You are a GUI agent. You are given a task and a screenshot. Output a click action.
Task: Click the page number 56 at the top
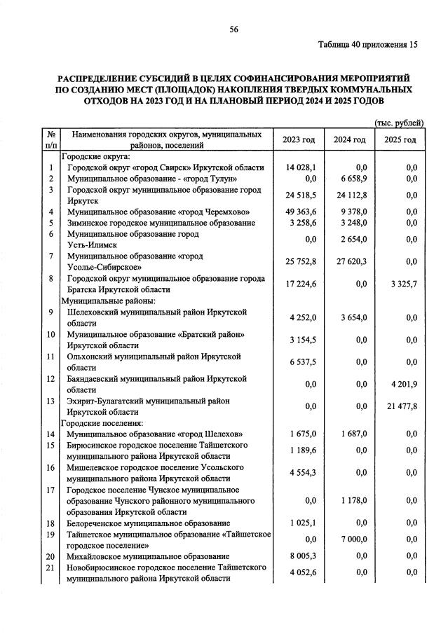pos(234,29)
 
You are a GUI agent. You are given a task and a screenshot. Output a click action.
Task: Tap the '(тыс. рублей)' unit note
pos(400,123)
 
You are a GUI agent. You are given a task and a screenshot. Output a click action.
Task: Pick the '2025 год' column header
pos(400,140)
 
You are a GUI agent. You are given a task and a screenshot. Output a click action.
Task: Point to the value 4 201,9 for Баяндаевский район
pos(403,384)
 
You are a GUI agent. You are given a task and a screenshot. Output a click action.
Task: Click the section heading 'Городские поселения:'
pos(102,423)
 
